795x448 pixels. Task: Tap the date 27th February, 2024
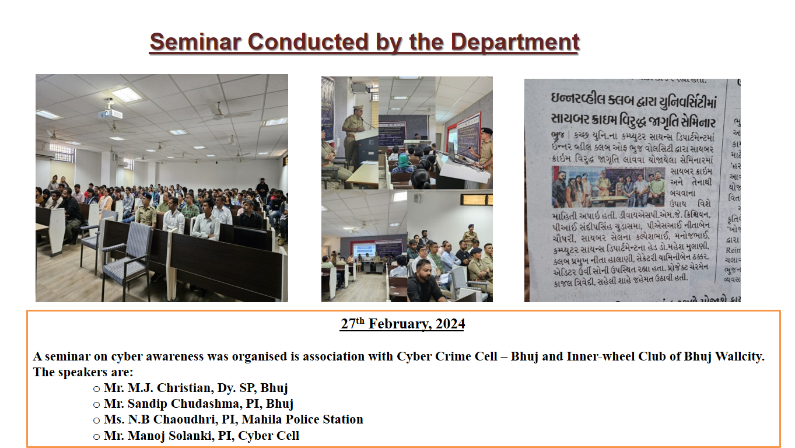pyautogui.click(x=402, y=324)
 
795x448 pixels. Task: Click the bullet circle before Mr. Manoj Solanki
pyautogui.click(x=96, y=436)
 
